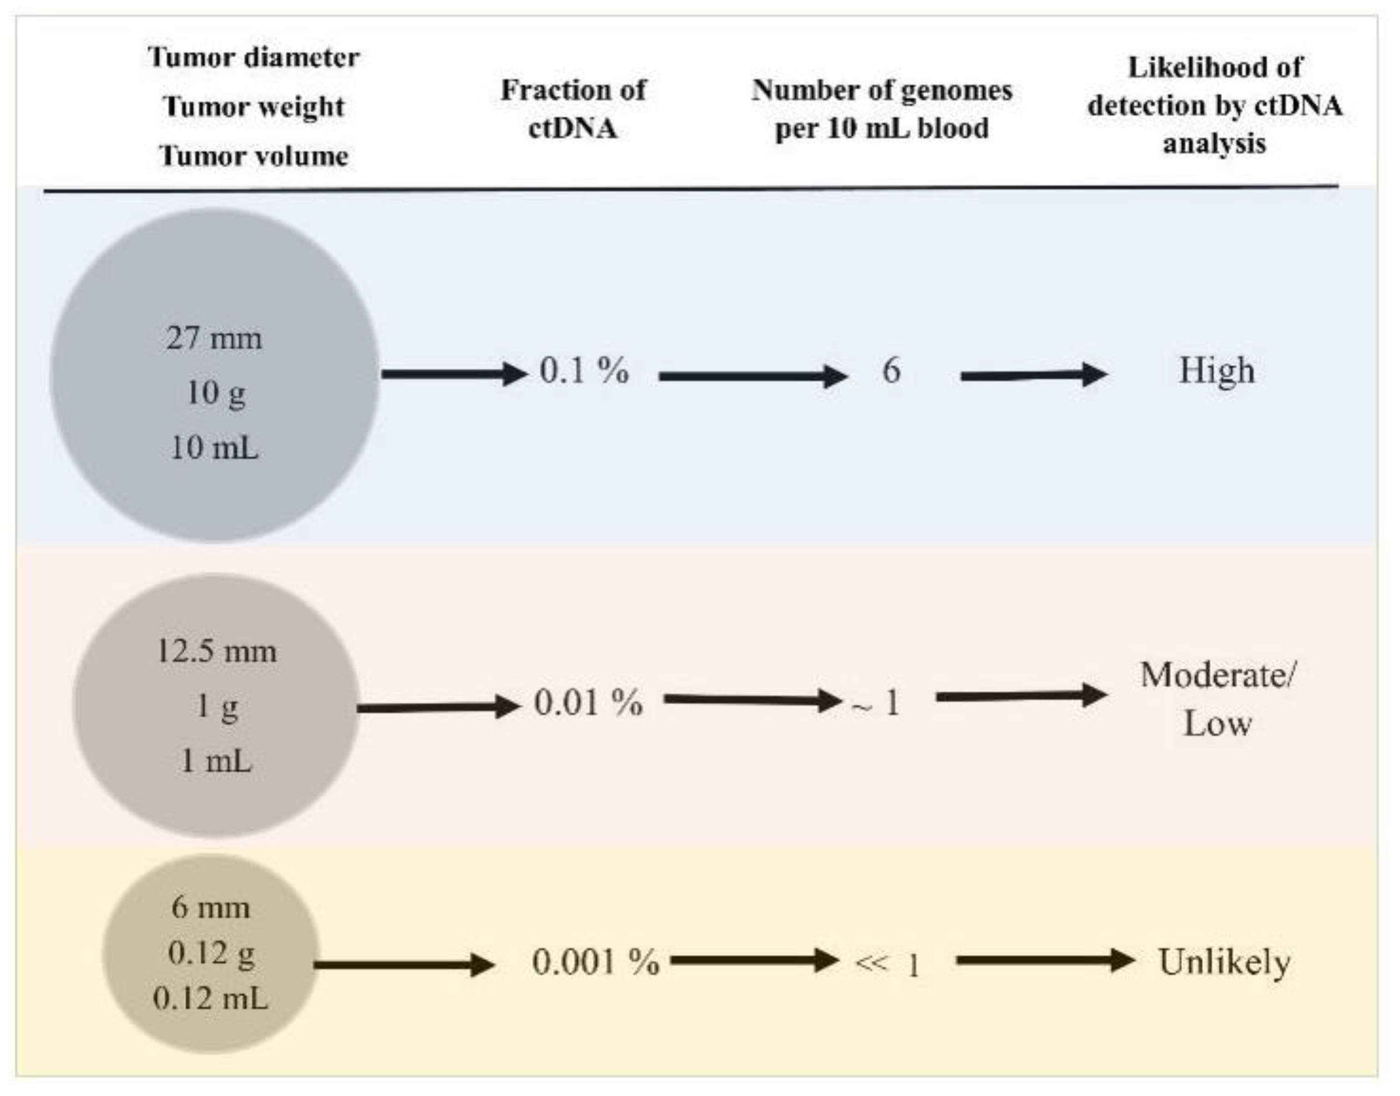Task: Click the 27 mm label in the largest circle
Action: pyautogui.click(x=214, y=338)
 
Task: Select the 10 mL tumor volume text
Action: pyautogui.click(x=214, y=447)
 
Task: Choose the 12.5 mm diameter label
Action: pyautogui.click(x=217, y=651)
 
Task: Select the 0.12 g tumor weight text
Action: pyautogui.click(x=211, y=953)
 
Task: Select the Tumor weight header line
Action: pyautogui.click(x=254, y=107)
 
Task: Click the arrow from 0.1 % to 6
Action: pyautogui.click(x=753, y=376)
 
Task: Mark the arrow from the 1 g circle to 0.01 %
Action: pyautogui.click(x=438, y=707)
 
